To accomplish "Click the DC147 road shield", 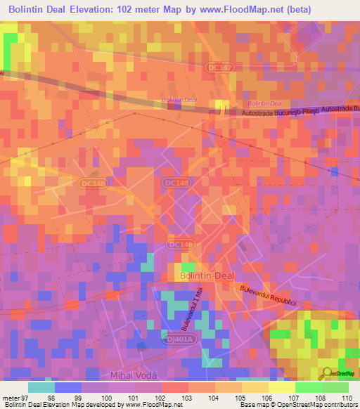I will [x=220, y=67].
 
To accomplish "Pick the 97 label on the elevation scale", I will [x=27, y=398].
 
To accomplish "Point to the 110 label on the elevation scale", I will [x=347, y=398].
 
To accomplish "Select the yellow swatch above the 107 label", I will [x=281, y=387].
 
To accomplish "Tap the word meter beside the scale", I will [x=11, y=398].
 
